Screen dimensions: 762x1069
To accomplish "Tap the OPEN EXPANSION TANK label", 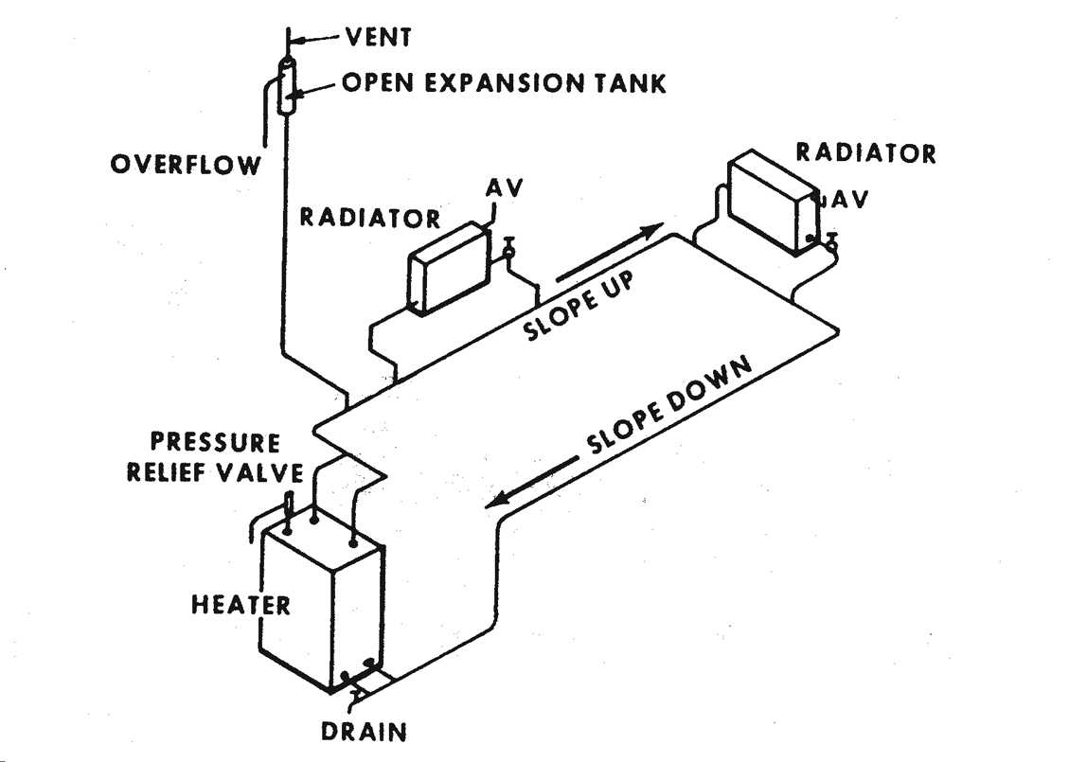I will (x=504, y=83).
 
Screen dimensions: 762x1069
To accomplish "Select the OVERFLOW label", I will (x=186, y=166).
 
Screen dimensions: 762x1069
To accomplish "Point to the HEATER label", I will (x=241, y=604).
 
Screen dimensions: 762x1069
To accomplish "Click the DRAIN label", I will (x=363, y=732).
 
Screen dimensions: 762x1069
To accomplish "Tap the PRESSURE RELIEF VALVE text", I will (x=216, y=457).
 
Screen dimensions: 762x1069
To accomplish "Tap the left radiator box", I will (x=446, y=268).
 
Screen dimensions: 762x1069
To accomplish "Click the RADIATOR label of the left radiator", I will (x=370, y=218).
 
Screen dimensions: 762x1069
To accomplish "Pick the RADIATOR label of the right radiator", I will (x=865, y=152).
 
